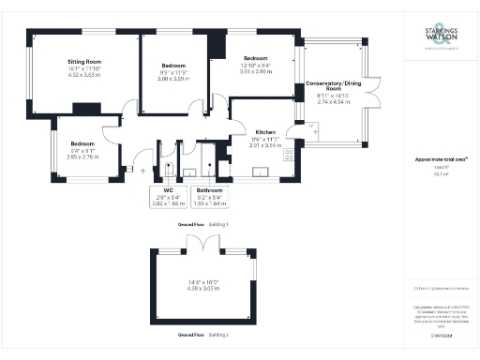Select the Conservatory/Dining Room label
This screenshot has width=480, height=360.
pos(336,88)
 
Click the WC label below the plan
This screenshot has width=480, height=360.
pos(169,191)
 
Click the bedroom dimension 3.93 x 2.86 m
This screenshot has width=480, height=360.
pos(256,70)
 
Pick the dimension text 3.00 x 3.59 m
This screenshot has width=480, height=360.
pos(172,79)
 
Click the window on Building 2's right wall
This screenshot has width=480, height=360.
pos(256,271)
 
